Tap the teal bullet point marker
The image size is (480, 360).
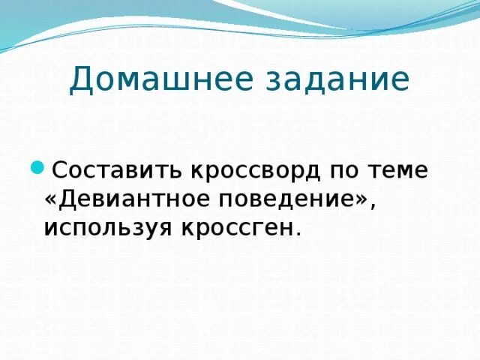[x=37, y=168]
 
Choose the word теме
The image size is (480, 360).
[x=401, y=170]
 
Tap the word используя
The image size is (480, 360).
[x=106, y=227]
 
